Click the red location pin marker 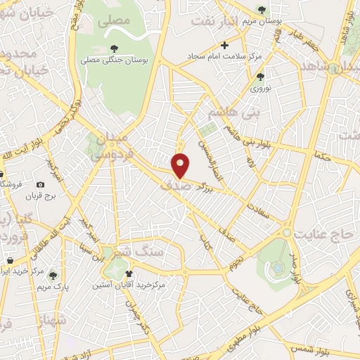[x=181, y=165]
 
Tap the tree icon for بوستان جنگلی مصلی [x=115, y=49]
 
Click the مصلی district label [x=115, y=21]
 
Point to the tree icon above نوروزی [x=260, y=77]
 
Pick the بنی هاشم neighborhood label [x=236, y=112]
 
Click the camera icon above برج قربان [x=41, y=184]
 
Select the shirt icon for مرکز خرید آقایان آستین [x=128, y=272]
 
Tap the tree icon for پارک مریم [x=53, y=275]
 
